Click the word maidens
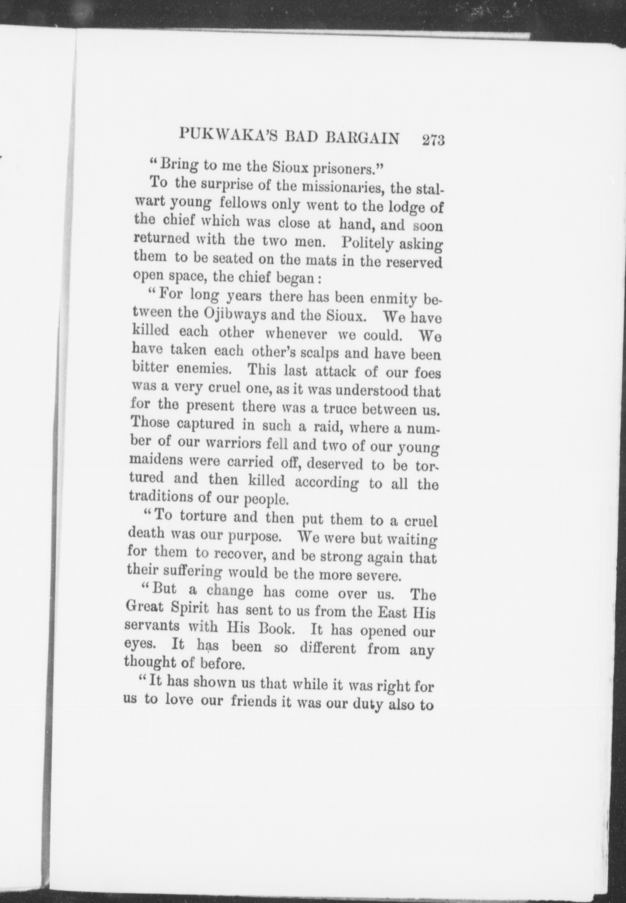coord(156,459)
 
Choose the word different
coord(328,648)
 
